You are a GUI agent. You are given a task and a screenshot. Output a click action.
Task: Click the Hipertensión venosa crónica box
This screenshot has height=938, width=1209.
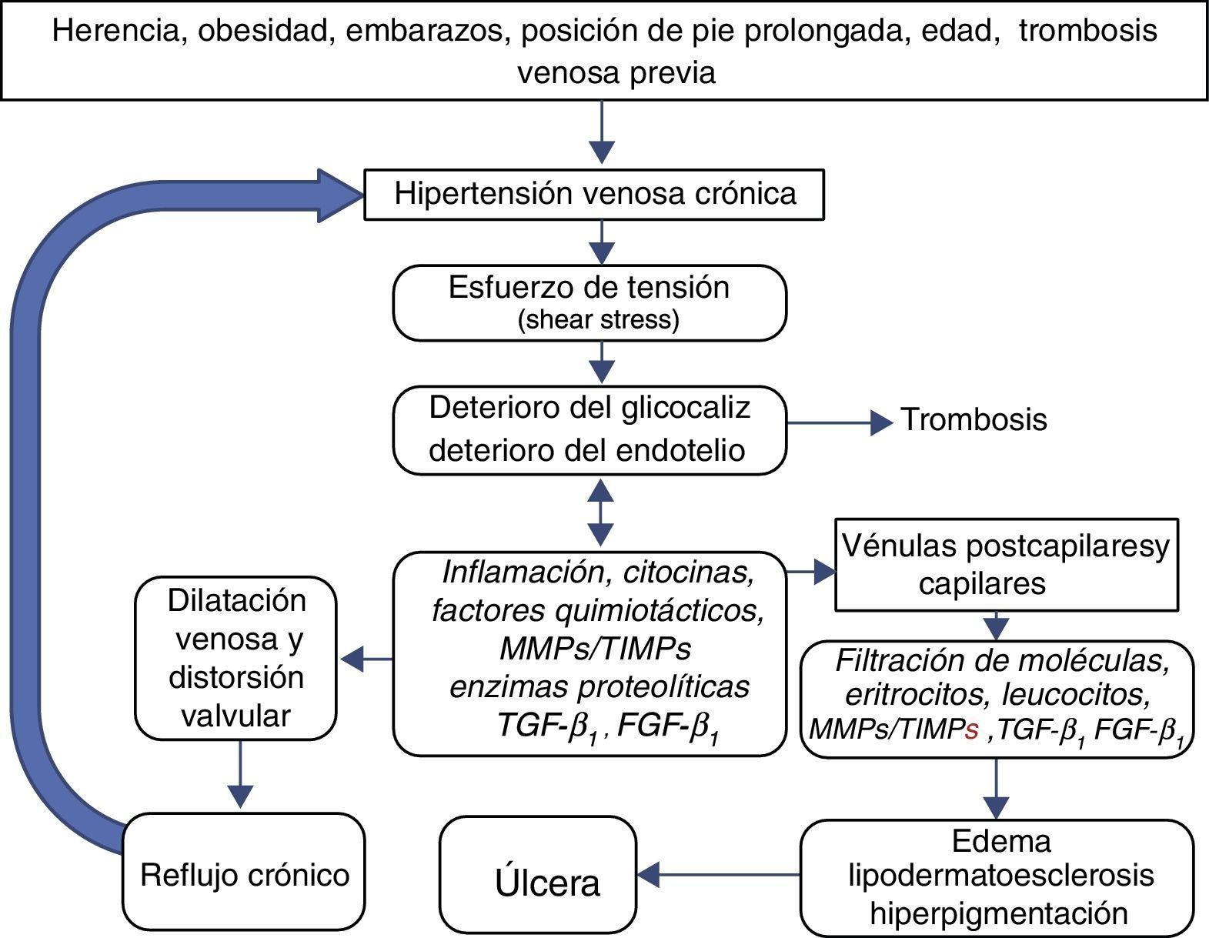pyautogui.click(x=593, y=194)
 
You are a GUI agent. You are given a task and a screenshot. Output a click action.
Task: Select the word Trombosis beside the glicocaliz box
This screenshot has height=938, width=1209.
pyautogui.click(x=974, y=420)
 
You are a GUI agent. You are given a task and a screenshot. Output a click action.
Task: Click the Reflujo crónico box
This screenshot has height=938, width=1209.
pyautogui.click(x=244, y=875)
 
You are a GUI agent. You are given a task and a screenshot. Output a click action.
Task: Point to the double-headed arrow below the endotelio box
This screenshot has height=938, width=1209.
pyautogui.click(x=601, y=512)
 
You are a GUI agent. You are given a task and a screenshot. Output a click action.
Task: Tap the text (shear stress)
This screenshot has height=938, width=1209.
pyautogui.click(x=598, y=320)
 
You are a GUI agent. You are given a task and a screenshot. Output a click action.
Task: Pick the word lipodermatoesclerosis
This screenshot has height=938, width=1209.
pyautogui.click(x=1000, y=875)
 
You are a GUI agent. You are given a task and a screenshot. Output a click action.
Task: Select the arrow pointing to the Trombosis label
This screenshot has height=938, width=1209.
pyautogui.click(x=840, y=422)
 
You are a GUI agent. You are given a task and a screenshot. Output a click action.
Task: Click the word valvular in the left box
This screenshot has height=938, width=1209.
pyautogui.click(x=235, y=716)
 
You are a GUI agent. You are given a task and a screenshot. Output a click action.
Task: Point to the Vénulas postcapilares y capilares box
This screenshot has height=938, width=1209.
pyautogui.click(x=1006, y=565)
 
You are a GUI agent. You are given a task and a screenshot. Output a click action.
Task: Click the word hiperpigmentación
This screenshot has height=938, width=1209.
pyautogui.click(x=999, y=913)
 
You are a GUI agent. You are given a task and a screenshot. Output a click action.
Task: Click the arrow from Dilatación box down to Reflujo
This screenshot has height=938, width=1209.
pyautogui.click(x=241, y=773)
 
